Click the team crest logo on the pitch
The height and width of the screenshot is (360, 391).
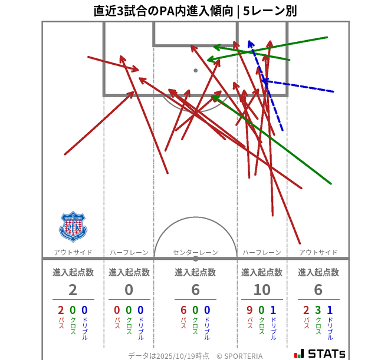click(73, 226)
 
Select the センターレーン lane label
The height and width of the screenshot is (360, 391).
click(195, 253)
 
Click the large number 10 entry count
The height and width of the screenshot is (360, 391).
click(262, 290)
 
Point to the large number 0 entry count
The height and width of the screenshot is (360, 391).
click(129, 290)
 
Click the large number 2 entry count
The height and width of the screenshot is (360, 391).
click(73, 290)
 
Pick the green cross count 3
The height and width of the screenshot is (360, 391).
click(318, 311)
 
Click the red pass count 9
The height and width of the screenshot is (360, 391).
click(250, 311)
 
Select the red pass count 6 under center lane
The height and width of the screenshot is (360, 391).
click(183, 311)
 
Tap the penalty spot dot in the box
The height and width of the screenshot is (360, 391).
click(196, 71)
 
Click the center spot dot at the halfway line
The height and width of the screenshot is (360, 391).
click(196, 258)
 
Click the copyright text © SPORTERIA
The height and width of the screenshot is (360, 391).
click(239, 356)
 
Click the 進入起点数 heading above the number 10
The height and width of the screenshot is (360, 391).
click(262, 272)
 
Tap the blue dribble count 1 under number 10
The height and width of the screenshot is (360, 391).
click(272, 311)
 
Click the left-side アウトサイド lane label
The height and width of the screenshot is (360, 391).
click(73, 253)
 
